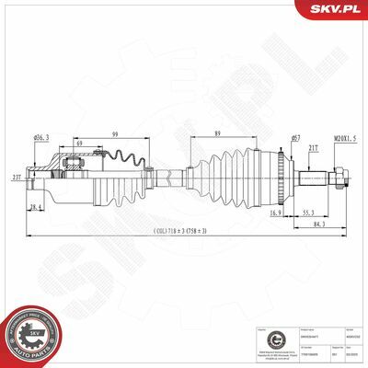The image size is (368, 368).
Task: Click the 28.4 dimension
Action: (x=34, y=208)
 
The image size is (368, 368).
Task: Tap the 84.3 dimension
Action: (x=317, y=224)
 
